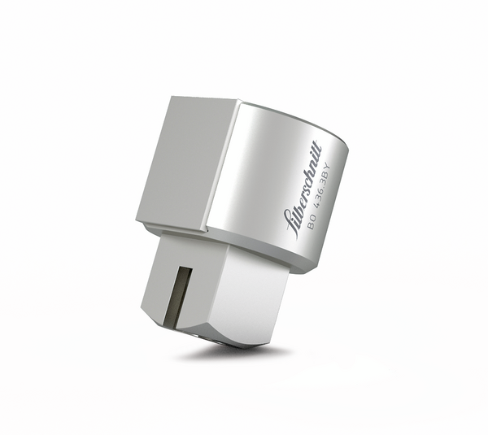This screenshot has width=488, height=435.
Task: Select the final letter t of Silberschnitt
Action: click(x=320, y=148)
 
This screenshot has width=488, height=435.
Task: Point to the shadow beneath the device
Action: click(x=244, y=351)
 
